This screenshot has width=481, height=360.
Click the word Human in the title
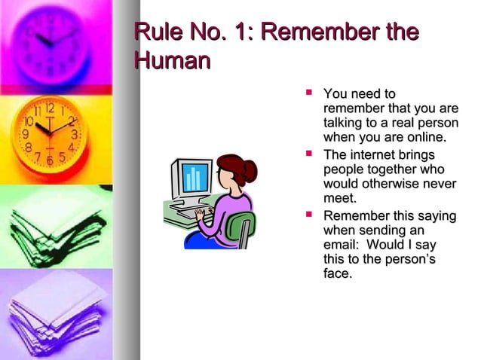[170, 60]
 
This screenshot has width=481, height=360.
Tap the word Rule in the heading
[156, 33]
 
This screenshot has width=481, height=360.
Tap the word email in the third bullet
[341, 245]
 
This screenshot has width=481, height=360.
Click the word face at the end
[337, 274]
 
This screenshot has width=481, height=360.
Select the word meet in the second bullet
[339, 198]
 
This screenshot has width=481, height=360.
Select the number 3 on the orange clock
[75, 135]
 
